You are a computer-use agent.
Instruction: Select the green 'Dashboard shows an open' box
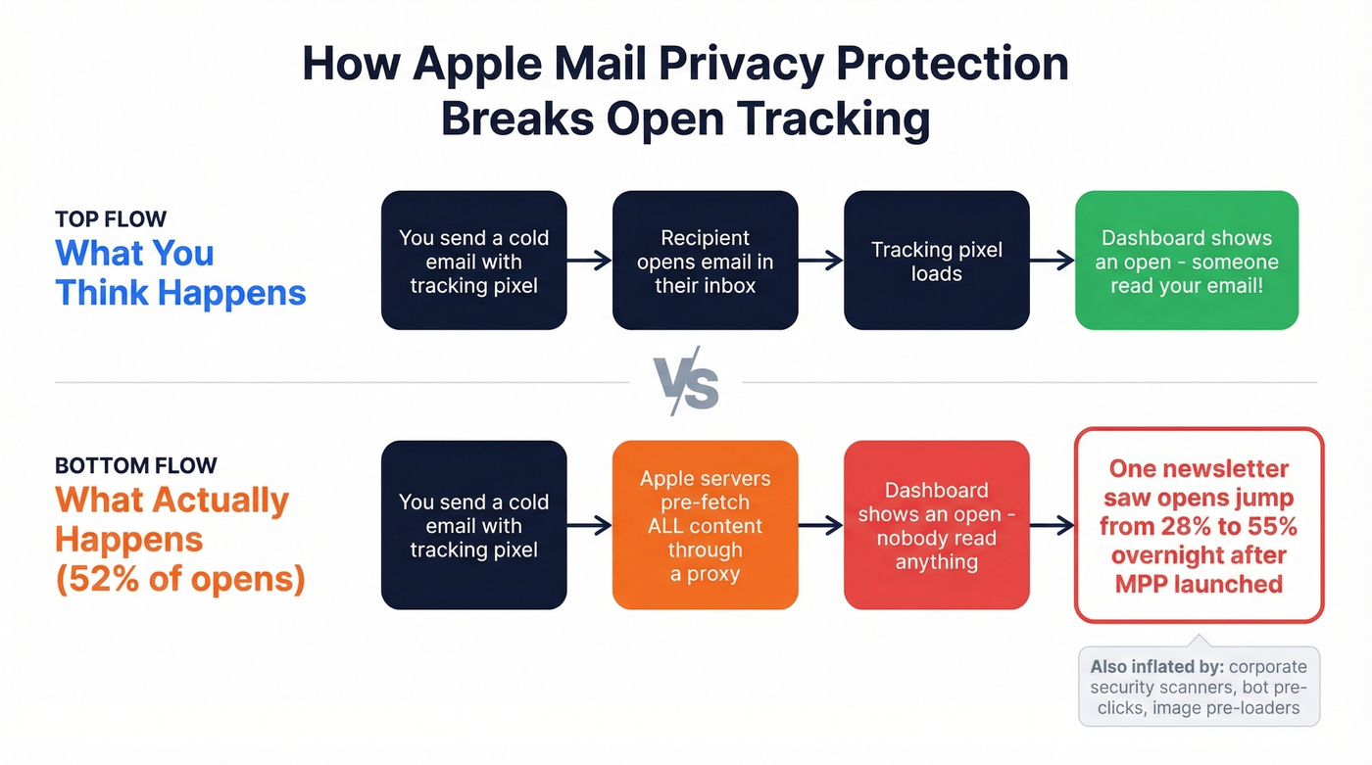click(x=1186, y=261)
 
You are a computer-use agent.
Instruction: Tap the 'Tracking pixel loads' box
click(x=936, y=261)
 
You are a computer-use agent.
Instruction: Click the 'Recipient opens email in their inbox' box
click(x=705, y=261)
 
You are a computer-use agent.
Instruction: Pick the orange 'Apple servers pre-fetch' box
click(x=705, y=525)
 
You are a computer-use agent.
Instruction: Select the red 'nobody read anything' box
click(x=936, y=525)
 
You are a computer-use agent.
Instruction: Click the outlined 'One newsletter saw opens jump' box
click(x=1199, y=525)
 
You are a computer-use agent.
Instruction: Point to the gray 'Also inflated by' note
click(x=1199, y=686)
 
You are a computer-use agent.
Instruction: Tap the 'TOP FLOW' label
click(x=111, y=218)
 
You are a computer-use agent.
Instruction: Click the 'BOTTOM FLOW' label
click(x=135, y=465)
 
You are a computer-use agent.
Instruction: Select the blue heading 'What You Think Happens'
click(x=180, y=272)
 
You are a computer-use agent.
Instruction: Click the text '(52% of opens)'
click(x=180, y=579)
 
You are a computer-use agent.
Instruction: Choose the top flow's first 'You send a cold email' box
click(x=473, y=261)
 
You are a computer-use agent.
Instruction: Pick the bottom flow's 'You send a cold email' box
click(x=473, y=525)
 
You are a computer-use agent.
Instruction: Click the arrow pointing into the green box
click(x=1052, y=261)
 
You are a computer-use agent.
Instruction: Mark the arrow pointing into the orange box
click(x=589, y=526)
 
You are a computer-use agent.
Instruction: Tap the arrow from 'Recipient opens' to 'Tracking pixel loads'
click(x=820, y=261)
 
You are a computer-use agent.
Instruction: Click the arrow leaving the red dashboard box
click(x=1052, y=526)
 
